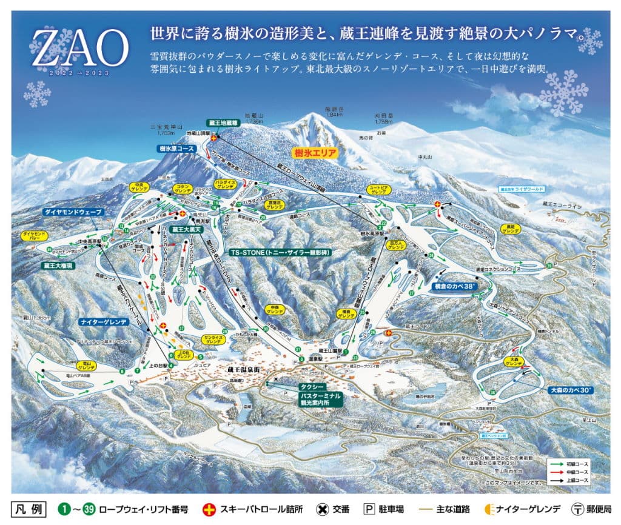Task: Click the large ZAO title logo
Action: click(79, 48)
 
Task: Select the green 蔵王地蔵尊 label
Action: click(224, 122)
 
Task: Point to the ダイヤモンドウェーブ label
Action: click(73, 212)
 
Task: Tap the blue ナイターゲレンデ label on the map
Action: click(104, 322)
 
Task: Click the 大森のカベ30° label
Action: click(569, 390)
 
